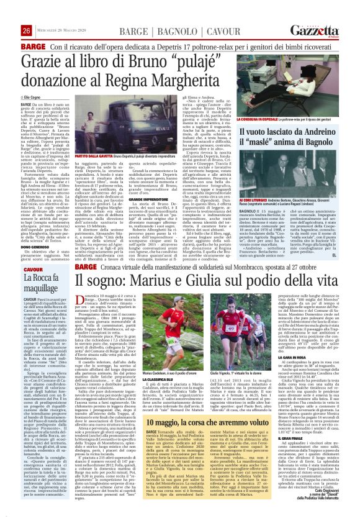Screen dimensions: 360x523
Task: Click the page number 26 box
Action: (x=9, y=14)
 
